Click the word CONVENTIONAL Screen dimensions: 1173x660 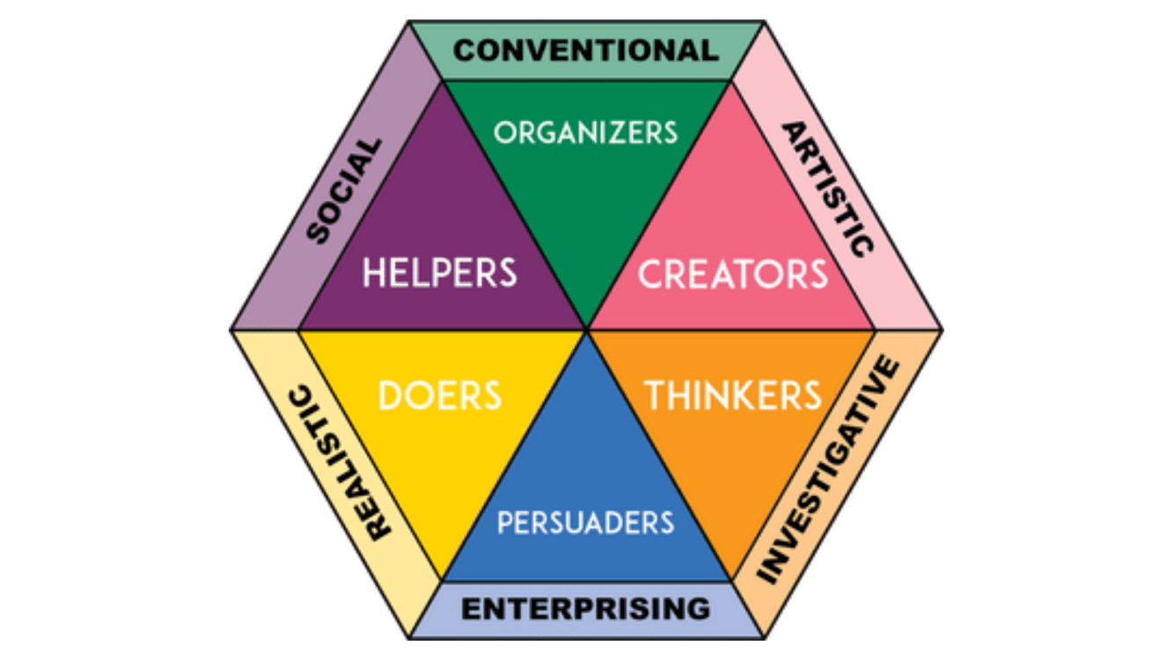(586, 51)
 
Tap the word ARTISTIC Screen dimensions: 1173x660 (828, 189)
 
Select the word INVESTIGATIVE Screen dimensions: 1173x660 (828, 469)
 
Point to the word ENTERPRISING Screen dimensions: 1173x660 (586, 609)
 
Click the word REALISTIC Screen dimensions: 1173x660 (341, 463)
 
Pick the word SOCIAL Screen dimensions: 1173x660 (343, 191)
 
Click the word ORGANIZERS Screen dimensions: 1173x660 (586, 133)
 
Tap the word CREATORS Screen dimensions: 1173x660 (733, 274)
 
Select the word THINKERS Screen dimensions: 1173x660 (733, 395)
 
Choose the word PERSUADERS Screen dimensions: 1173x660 (586, 523)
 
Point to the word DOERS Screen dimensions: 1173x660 (440, 395)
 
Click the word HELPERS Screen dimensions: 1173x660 (440, 273)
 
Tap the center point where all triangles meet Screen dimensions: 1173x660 (586, 330)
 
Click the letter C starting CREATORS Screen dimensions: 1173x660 (650, 274)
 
